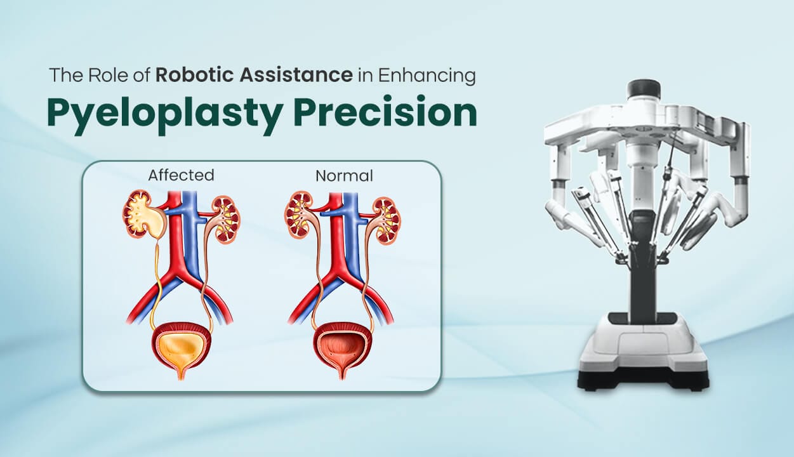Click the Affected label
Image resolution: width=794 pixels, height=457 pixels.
click(181, 175)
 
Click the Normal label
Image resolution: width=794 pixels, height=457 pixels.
click(344, 175)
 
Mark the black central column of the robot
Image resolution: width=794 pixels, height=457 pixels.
click(643, 273)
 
